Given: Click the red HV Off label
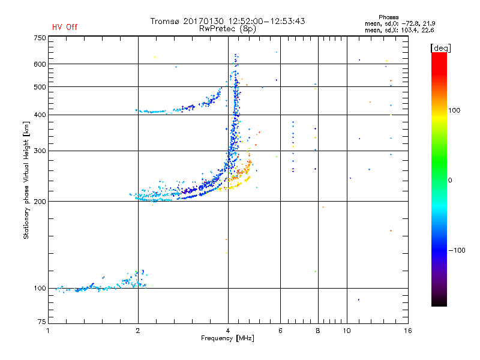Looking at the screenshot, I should (x=64, y=27).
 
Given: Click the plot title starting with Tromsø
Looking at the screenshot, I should (x=227, y=21).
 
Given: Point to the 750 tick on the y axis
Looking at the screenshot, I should (x=40, y=38).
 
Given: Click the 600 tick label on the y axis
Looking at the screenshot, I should (x=40, y=64).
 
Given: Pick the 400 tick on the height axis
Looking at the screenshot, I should (x=40, y=115).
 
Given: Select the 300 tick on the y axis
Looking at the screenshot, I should (x=40, y=151).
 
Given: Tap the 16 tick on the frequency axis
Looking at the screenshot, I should (x=407, y=331).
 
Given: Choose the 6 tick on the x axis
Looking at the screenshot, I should (x=280, y=331).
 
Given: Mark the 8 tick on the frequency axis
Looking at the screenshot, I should (x=317, y=331).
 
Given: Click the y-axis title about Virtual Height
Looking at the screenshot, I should (x=26, y=180).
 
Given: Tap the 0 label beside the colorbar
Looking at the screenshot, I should (x=451, y=180).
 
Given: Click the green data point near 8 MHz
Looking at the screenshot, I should (x=314, y=272).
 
